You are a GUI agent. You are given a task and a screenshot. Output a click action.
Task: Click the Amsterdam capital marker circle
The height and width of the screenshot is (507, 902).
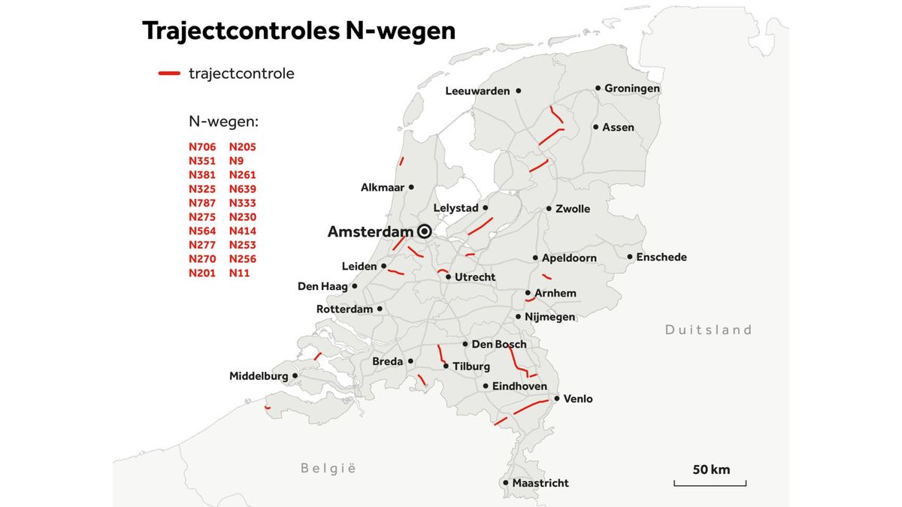(x=424, y=231)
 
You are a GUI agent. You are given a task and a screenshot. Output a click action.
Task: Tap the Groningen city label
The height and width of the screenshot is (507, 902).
(x=632, y=89)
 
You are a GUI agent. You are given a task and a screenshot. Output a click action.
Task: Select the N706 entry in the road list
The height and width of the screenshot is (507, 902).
(x=202, y=147)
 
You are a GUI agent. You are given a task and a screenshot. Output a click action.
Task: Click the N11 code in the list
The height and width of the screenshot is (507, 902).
(x=239, y=273)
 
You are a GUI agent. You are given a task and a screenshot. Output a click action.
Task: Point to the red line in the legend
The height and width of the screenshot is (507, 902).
(x=169, y=74)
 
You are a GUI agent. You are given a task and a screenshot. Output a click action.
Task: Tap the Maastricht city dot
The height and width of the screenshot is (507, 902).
(x=506, y=483)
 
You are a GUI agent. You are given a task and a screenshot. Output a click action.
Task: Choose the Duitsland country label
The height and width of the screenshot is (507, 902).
(x=708, y=330)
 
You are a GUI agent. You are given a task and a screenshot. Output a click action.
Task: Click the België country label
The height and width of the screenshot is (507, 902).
(x=328, y=469)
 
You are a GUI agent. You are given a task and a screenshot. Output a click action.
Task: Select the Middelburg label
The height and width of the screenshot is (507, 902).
(x=259, y=376)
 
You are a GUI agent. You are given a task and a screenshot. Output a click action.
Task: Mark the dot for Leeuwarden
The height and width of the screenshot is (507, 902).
(x=518, y=91)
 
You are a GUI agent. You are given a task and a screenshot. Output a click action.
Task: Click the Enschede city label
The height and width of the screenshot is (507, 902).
(x=661, y=258)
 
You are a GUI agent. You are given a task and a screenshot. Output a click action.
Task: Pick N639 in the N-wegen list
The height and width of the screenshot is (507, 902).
(x=243, y=189)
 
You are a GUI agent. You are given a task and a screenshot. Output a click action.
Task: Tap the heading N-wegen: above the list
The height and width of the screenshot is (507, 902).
(x=223, y=122)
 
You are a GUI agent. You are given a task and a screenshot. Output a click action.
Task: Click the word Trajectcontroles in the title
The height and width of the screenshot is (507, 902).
(x=240, y=31)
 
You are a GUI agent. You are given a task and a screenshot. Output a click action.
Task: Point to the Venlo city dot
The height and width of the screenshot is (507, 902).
(x=556, y=399)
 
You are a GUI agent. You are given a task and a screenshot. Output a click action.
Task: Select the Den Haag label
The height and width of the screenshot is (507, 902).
(x=322, y=286)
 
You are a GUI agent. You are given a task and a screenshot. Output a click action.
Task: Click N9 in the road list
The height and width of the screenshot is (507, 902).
(x=236, y=161)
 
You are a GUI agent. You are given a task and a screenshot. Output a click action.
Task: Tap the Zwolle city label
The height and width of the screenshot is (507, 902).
(x=573, y=209)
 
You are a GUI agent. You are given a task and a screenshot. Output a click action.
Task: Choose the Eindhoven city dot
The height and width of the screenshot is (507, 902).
(x=486, y=386)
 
